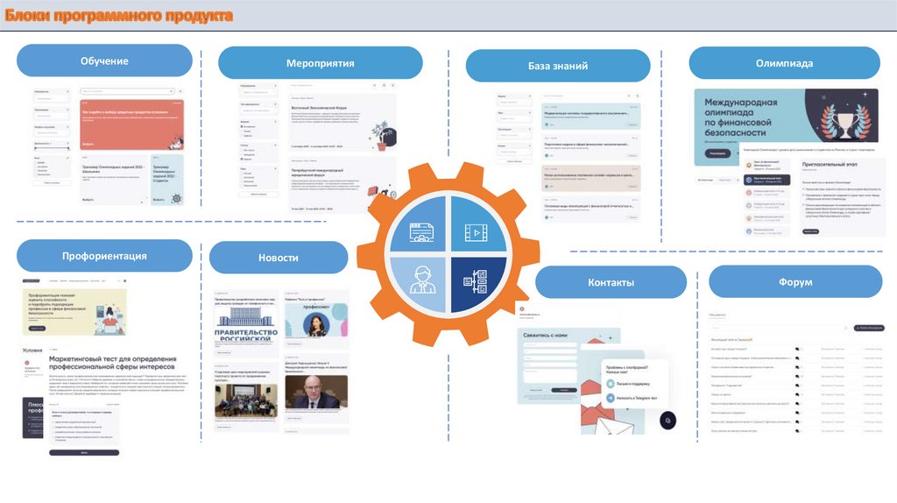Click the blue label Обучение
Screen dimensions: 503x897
pos(104,60)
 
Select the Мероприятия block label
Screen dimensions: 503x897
pos(320,63)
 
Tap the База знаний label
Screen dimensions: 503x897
pos(557,66)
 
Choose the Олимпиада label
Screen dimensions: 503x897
pos(784,63)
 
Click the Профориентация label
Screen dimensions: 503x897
pos(104,256)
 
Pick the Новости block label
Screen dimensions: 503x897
pos(279,258)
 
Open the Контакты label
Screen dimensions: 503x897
pos(611,282)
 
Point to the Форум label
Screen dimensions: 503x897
pos(795,282)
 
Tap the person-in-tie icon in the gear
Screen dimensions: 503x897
pos(420,284)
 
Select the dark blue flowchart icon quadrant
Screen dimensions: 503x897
pos(477,284)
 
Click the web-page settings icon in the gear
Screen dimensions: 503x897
pos(421,231)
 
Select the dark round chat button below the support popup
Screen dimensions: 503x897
pos(667,421)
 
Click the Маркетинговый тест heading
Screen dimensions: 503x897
pos(113,364)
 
